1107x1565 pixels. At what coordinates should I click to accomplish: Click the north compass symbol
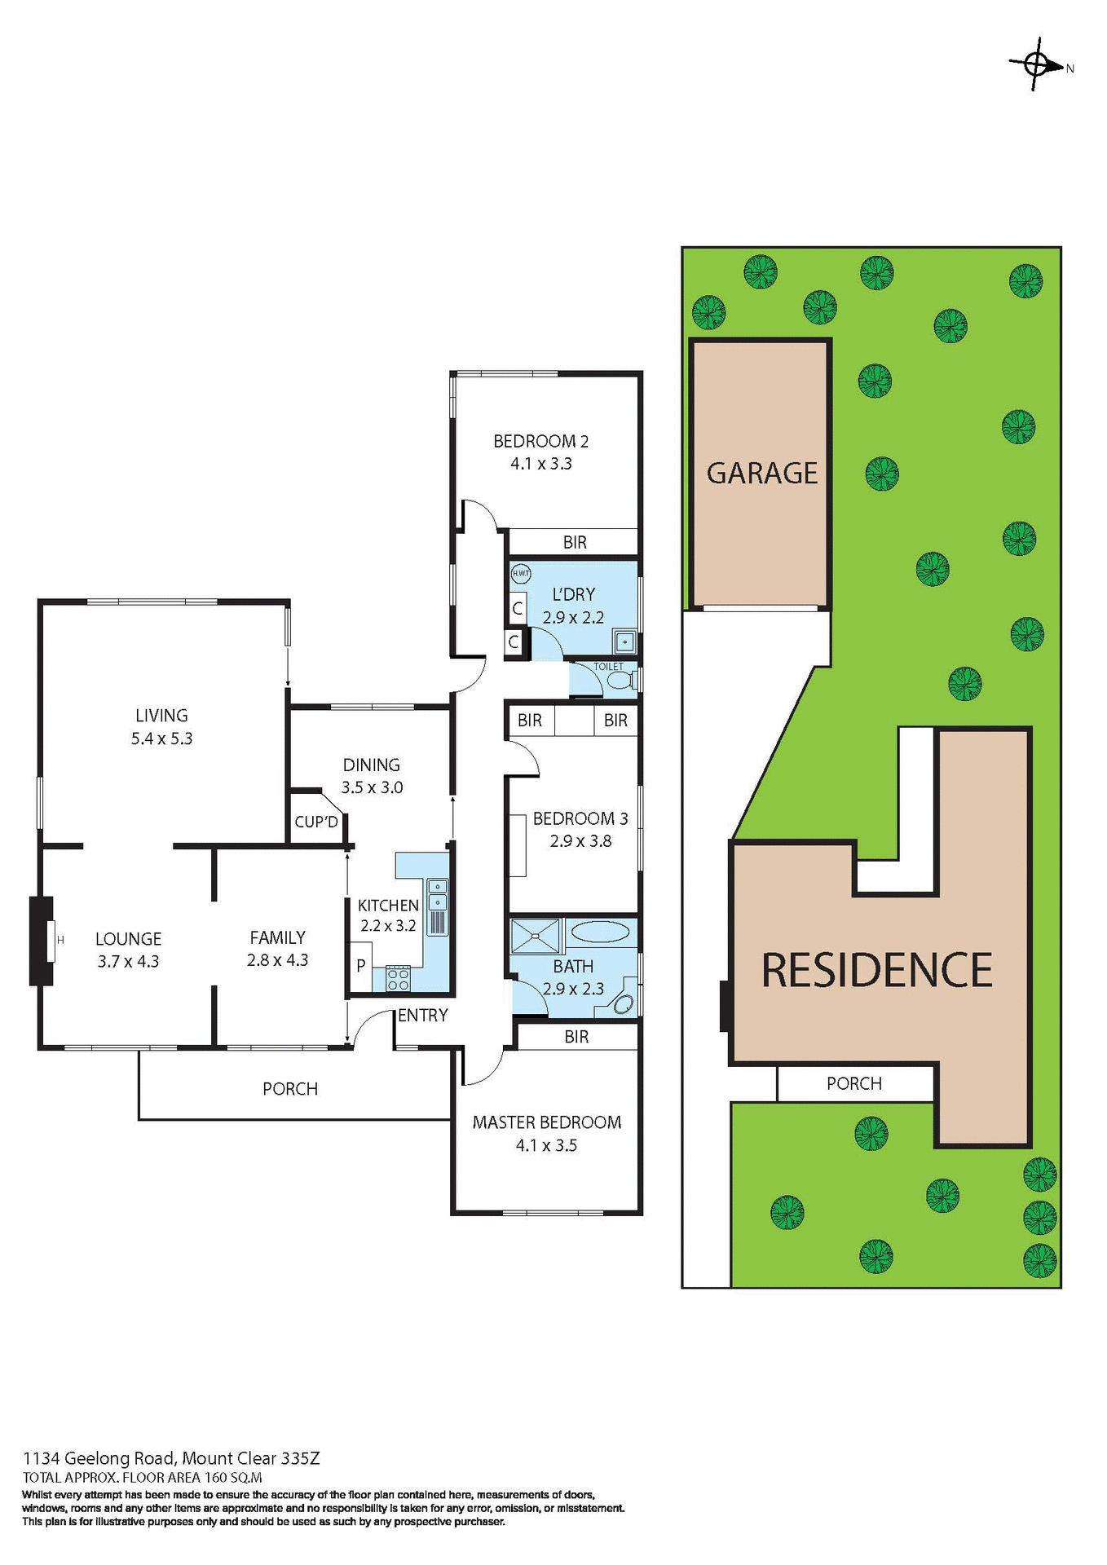[x=1036, y=64]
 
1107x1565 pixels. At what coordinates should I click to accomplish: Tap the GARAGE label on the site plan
[x=761, y=474]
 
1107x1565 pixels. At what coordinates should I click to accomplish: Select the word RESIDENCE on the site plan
[x=876, y=970]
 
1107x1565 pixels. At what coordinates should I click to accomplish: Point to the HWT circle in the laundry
[x=520, y=573]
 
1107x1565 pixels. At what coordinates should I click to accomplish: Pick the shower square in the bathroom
[x=536, y=936]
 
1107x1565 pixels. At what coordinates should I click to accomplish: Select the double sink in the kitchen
[x=438, y=893]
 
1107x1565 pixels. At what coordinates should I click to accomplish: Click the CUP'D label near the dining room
[x=316, y=822]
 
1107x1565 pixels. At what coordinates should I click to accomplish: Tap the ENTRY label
[x=423, y=1015]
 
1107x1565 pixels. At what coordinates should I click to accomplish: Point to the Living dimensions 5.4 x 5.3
[x=161, y=738]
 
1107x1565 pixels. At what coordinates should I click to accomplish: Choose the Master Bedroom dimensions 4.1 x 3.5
[x=546, y=1145]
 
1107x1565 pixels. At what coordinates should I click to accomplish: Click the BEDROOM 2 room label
[x=540, y=441]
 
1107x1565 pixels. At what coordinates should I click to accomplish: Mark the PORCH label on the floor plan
[x=290, y=1089]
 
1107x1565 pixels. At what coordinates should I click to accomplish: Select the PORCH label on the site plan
[x=853, y=1083]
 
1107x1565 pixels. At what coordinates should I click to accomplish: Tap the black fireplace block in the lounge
[x=40, y=941]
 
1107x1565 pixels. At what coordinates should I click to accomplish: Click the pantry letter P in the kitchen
[x=360, y=966]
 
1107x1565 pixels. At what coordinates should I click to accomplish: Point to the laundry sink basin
[x=624, y=641]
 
